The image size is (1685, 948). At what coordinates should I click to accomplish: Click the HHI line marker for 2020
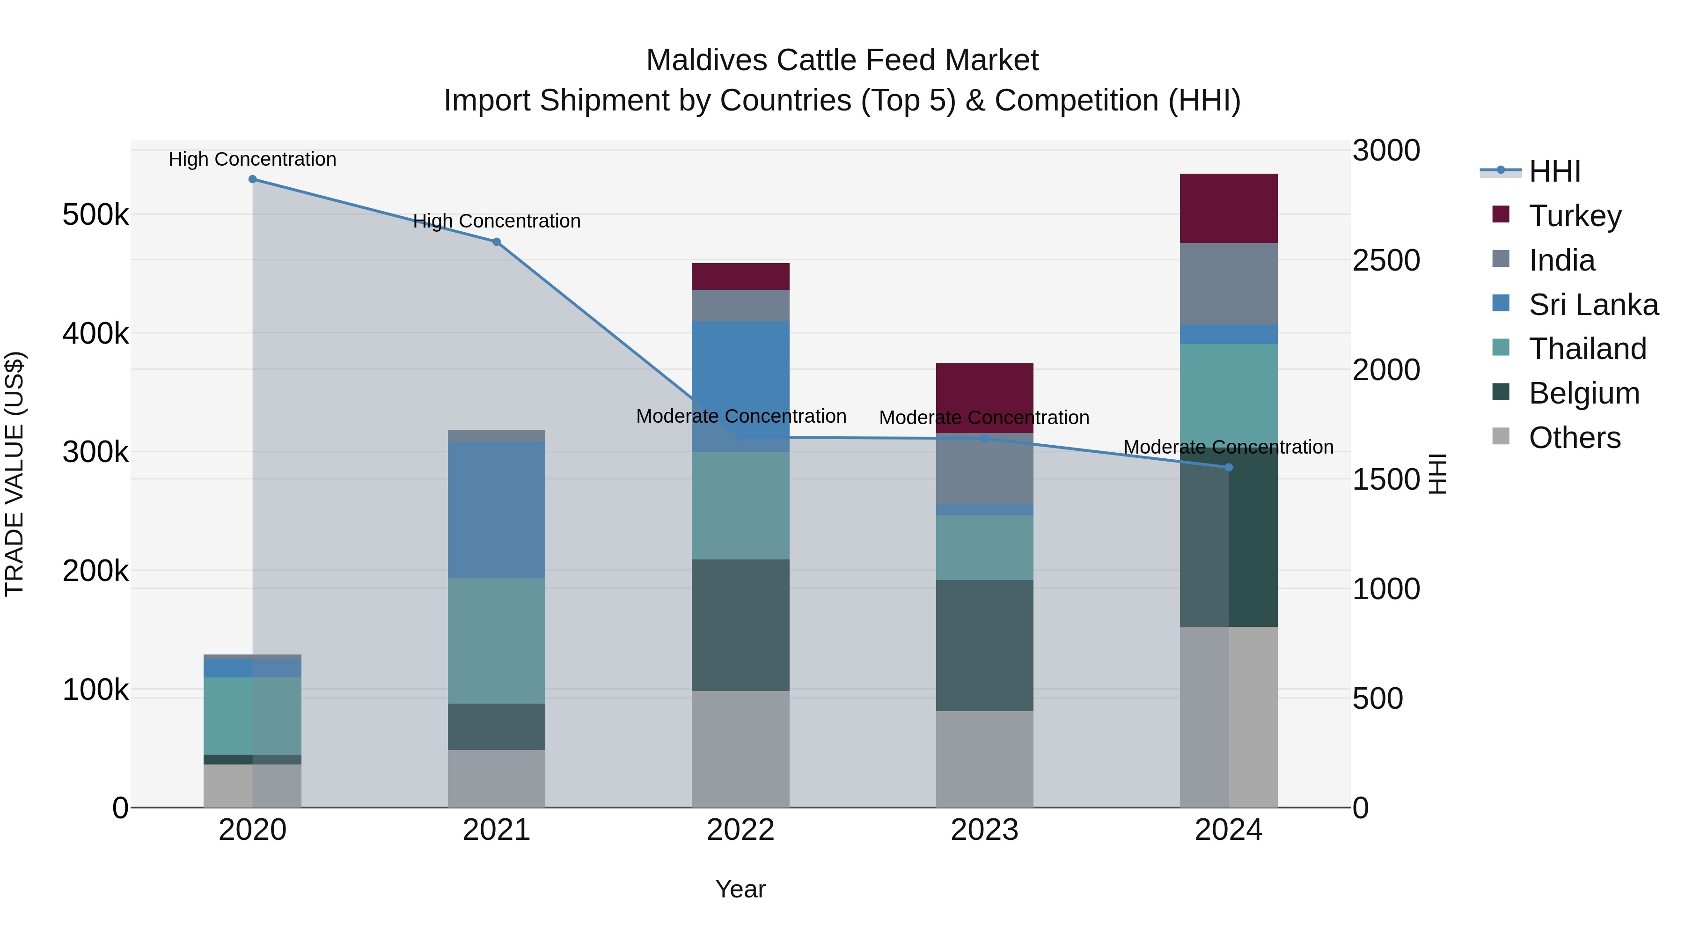252,179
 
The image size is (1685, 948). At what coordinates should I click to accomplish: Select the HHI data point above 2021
497,242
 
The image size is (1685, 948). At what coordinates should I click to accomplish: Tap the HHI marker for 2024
1229,467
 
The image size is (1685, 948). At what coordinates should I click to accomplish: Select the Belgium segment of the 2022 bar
740,625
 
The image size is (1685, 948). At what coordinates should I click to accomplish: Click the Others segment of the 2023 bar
984,759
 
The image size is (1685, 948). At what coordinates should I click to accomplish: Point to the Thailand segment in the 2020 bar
252,716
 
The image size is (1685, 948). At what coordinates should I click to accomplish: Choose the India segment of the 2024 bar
1229,284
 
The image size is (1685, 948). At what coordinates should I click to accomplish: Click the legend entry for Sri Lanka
1593,305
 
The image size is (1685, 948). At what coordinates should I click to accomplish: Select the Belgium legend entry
1583,393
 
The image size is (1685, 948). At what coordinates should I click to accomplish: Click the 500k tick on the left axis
95,214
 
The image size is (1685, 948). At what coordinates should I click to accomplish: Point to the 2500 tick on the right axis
1386,260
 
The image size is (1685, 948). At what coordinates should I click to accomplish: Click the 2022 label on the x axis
740,830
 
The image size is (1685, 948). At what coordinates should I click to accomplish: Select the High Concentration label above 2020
252,159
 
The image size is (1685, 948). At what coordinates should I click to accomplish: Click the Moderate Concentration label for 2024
1229,447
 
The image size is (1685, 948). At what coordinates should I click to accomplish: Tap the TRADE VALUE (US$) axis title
15,474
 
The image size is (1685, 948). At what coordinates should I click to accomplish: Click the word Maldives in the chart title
706,60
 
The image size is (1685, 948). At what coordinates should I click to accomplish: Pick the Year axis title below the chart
740,889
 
